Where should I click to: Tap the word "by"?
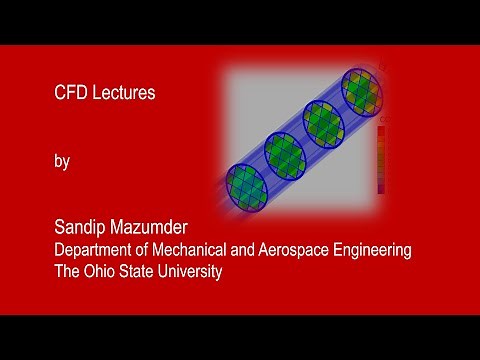pos(61,162)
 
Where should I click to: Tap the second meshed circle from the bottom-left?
pos(285,153)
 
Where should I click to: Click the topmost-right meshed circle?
pos(361,89)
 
